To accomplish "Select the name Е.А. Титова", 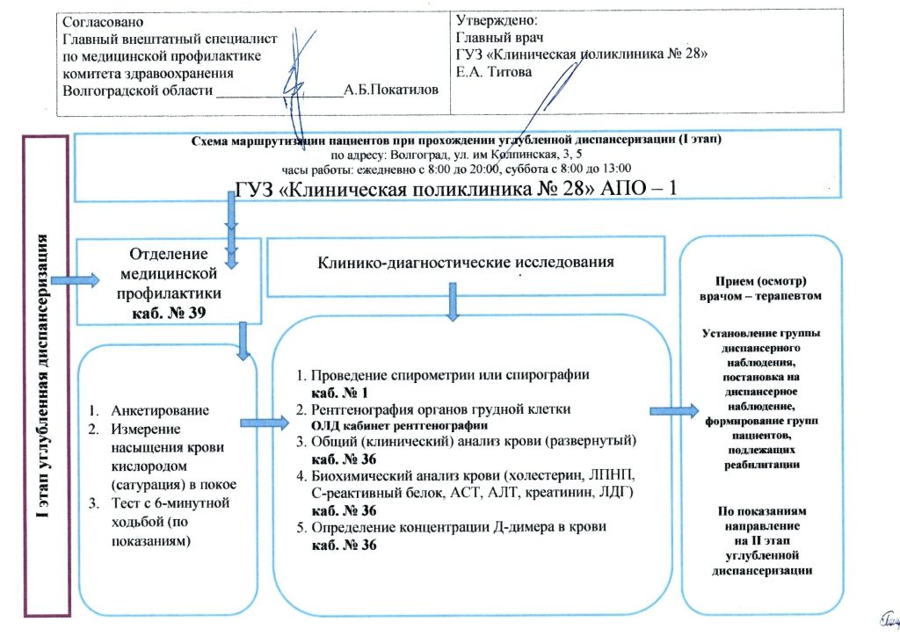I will point(495,72).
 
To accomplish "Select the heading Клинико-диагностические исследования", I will point(454,261).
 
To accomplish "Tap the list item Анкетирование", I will point(160,411).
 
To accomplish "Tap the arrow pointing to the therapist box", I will point(675,408).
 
